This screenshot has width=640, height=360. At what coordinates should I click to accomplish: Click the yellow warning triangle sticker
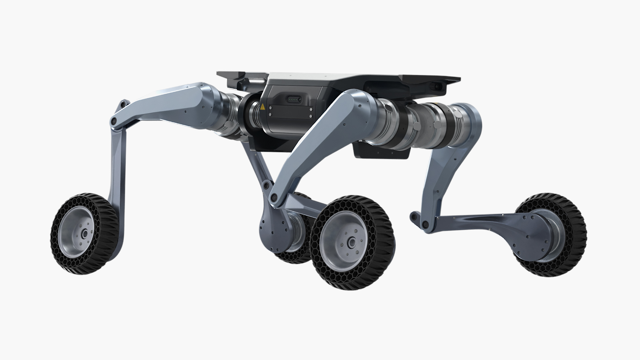click(263, 107)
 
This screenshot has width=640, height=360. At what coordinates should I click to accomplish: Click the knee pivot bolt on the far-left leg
click(114, 121)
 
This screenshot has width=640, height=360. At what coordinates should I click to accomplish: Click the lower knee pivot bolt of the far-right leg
click(425, 224)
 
